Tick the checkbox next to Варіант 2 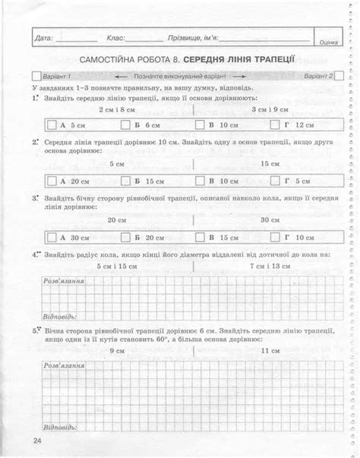point(339,76)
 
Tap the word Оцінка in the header point(329,43)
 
